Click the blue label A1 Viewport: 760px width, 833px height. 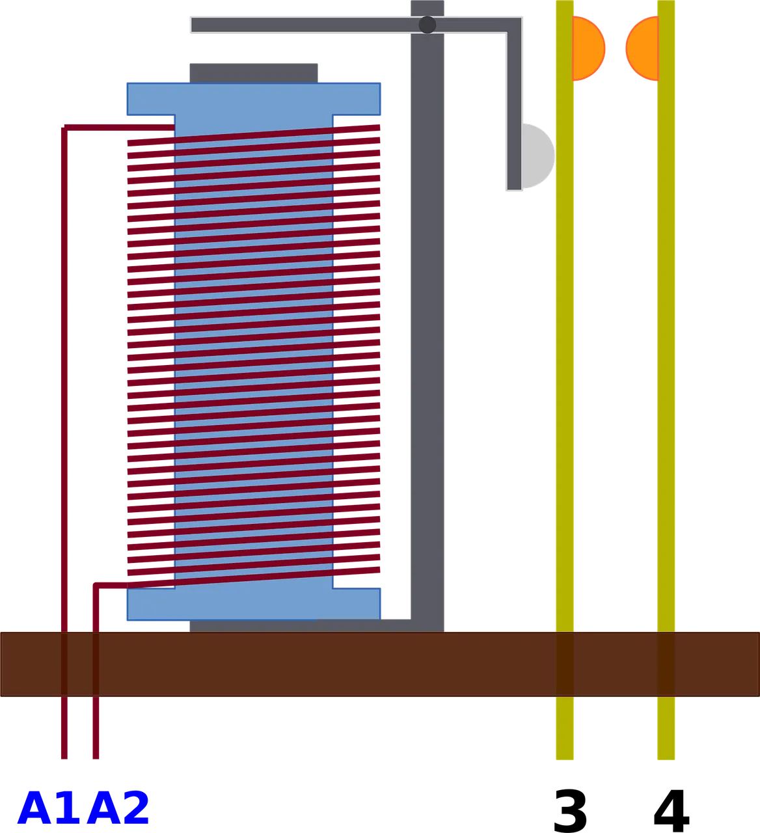coord(49,808)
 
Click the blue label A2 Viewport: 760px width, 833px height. coord(118,808)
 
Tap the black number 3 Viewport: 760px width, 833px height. coord(570,811)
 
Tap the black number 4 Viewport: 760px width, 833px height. coord(671,810)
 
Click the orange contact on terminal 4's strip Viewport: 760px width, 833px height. coord(642,48)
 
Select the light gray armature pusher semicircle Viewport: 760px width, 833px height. coord(538,156)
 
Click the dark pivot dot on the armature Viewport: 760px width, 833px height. coord(428,25)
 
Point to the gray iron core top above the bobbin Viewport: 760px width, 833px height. coord(254,73)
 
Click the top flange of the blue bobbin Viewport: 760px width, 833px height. coord(254,99)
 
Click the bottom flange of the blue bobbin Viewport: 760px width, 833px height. coord(254,604)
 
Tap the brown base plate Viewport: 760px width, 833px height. coord(380,664)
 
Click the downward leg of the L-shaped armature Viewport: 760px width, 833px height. coord(514,111)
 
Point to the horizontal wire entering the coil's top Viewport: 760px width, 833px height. coord(120,128)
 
